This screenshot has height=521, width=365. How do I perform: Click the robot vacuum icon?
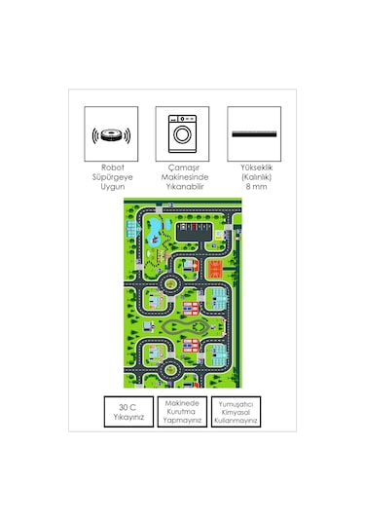coord(110,133)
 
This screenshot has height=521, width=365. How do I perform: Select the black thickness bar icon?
coord(253,133)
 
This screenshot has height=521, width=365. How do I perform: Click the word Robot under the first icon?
coord(110,168)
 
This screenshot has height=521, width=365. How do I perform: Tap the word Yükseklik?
coord(254,167)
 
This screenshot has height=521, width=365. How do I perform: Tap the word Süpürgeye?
coord(110,177)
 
